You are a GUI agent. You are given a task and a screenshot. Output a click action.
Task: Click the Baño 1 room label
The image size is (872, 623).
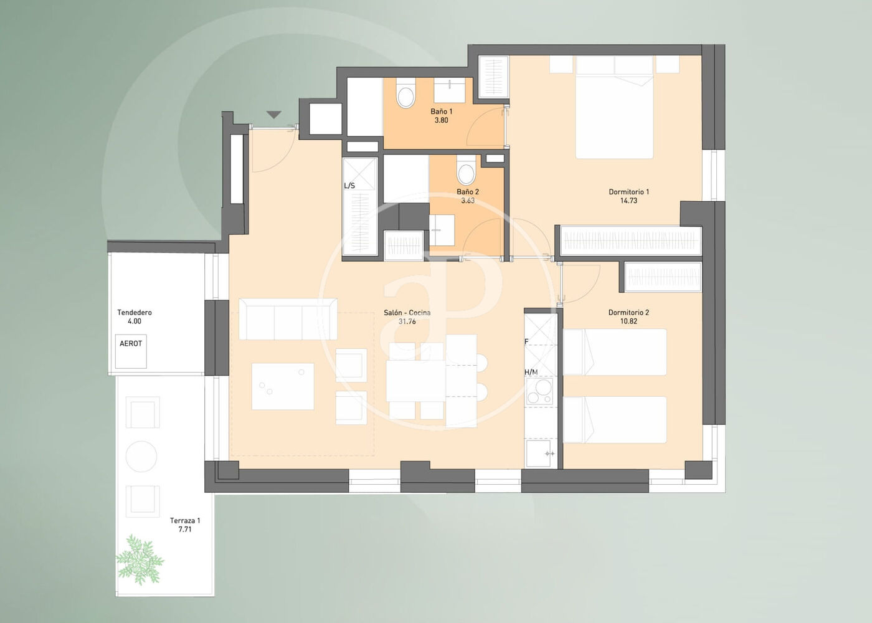[x=441, y=112]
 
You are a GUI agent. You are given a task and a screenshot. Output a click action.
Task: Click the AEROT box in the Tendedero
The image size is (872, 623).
[x=131, y=351]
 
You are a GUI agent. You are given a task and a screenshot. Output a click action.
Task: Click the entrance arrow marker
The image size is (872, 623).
[x=274, y=115]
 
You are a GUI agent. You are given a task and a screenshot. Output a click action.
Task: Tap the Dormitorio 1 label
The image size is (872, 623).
[x=628, y=192]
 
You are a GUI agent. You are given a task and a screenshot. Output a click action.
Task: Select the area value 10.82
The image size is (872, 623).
[x=628, y=321]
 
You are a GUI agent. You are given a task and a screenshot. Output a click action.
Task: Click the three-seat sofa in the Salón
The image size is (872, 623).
[x=288, y=319]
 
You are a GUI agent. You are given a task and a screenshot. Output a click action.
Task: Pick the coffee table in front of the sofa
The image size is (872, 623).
[x=283, y=386]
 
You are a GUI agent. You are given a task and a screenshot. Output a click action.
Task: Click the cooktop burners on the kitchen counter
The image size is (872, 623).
[x=539, y=391]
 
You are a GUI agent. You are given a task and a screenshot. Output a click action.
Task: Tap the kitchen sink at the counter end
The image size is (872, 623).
[x=539, y=453]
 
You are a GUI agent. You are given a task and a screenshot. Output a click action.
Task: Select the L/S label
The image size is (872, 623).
[x=349, y=186]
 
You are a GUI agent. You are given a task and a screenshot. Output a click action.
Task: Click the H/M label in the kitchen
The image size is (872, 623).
[x=531, y=373]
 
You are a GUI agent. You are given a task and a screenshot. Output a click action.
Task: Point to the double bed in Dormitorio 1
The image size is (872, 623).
[x=614, y=107]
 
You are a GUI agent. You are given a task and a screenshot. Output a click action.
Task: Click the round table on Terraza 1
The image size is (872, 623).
[x=141, y=456]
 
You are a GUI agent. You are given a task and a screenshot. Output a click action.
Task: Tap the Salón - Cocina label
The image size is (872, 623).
[x=407, y=313]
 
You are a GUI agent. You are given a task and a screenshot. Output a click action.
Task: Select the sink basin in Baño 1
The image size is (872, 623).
[x=450, y=90]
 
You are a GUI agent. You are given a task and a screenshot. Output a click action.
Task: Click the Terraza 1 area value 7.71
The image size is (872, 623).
[x=185, y=529]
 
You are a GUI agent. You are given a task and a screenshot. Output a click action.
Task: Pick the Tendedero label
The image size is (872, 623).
[x=135, y=312]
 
